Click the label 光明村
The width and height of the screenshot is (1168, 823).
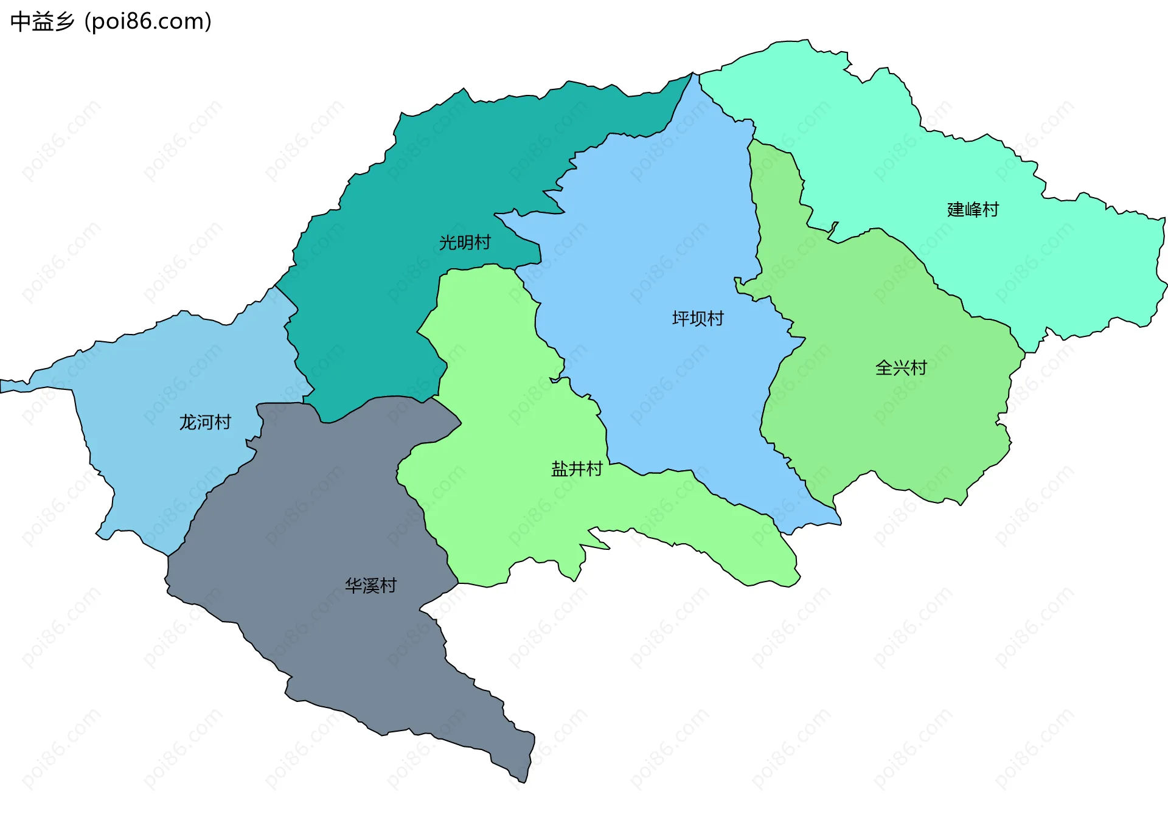pyautogui.click(x=465, y=243)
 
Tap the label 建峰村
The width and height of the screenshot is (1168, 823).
pyautogui.click(x=973, y=210)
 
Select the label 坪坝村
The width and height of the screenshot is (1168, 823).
pyautogui.click(x=698, y=319)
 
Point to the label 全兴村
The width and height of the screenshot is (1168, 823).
pyautogui.click(x=900, y=368)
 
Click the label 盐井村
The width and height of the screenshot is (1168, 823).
pyautogui.click(x=577, y=469)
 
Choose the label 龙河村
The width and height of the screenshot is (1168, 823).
pyautogui.click(x=205, y=422)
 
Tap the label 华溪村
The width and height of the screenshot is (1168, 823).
pyautogui.click(x=370, y=586)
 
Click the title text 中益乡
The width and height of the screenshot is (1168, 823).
pyautogui.click(x=42, y=22)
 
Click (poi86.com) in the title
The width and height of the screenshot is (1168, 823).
pyautogui.click(x=148, y=22)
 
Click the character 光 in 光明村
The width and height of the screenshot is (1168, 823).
pyautogui.click(x=448, y=243)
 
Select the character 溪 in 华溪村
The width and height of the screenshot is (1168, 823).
pyautogui.click(x=370, y=586)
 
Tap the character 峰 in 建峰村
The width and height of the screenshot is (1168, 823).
pyautogui.click(x=973, y=210)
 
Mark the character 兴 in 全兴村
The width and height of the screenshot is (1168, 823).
pyautogui.click(x=900, y=368)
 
